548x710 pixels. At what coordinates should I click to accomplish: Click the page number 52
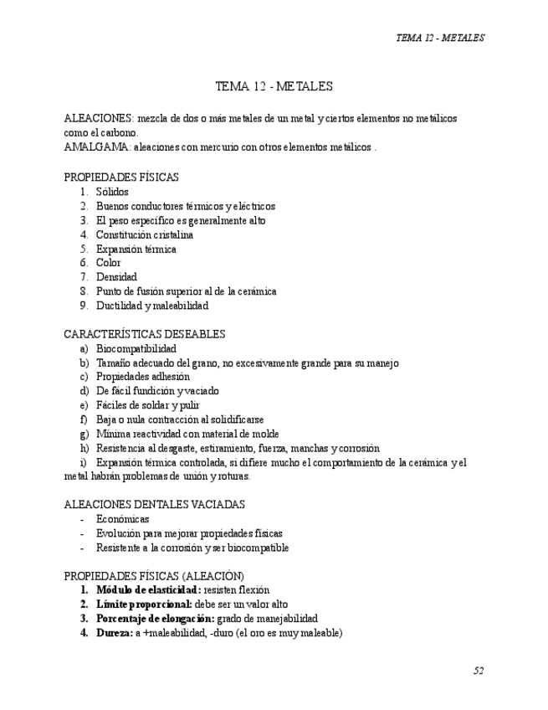click(x=479, y=671)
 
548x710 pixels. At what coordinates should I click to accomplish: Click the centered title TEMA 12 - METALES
click(x=274, y=86)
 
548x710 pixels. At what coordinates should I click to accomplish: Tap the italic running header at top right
click(x=440, y=38)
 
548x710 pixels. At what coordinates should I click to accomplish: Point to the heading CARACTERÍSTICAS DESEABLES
click(x=144, y=334)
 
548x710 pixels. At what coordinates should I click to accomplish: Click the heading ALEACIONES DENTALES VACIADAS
click(x=154, y=505)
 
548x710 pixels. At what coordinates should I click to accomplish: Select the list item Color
click(x=109, y=263)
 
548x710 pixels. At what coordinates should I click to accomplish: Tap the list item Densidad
click(x=116, y=277)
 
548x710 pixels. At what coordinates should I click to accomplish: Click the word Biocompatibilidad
click(x=136, y=348)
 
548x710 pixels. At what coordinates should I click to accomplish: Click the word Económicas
click(x=122, y=519)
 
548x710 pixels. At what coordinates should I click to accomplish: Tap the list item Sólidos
click(x=112, y=192)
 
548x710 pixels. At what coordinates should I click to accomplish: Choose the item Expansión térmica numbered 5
click(x=136, y=249)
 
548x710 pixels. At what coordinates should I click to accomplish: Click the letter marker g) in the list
click(x=84, y=434)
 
